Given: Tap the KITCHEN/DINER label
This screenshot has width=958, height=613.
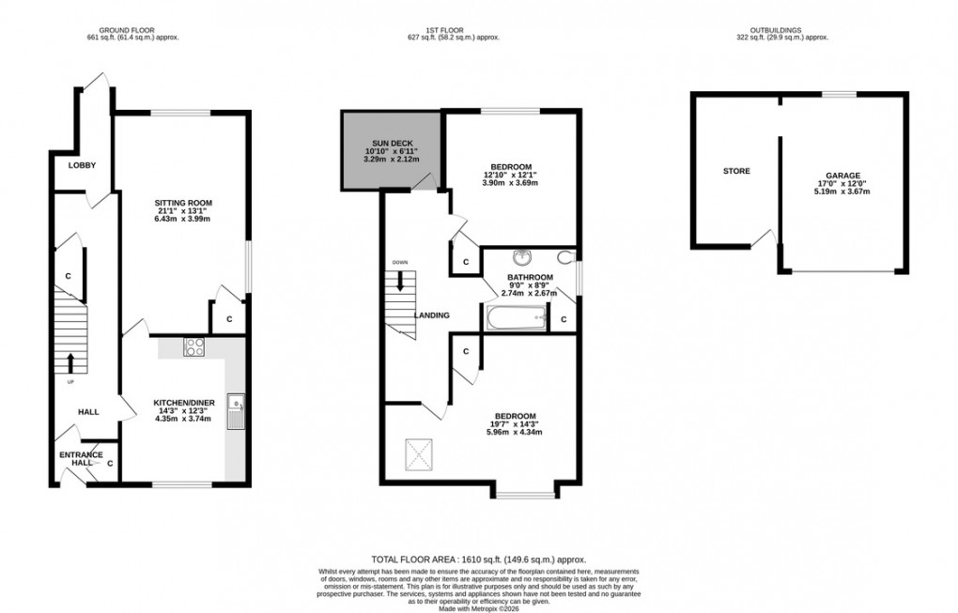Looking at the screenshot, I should coord(184,403).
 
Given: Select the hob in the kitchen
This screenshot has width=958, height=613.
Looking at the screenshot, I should coord(196,346).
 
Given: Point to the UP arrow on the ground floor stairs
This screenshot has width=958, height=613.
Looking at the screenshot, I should coord(70,361).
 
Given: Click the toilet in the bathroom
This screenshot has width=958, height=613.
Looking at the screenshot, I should coord(565,257).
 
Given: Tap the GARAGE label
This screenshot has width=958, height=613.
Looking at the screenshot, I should coord(842,176).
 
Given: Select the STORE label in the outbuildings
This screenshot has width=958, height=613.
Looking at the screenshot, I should coord(736,171).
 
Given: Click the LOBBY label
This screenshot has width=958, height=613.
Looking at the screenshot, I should coord(82,165).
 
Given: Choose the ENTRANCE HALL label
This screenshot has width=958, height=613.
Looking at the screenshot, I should coord(82,459).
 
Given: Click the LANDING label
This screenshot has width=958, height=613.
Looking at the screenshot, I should coord(432,314).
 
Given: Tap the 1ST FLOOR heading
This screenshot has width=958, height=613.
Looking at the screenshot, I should coord(452,30).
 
